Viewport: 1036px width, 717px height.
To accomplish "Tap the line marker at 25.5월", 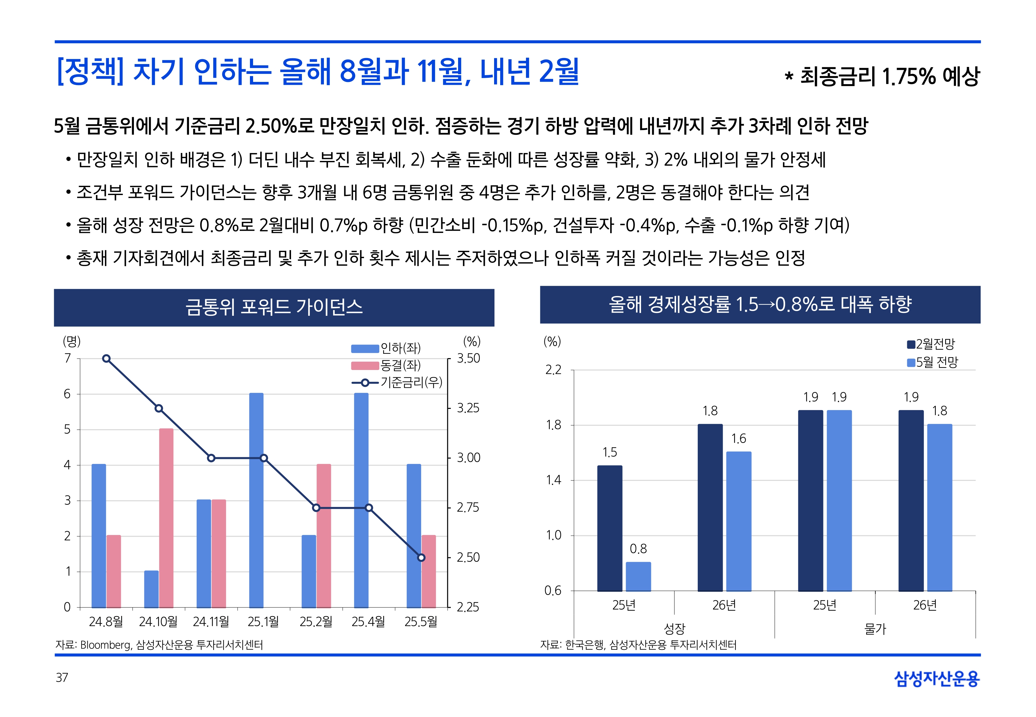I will coord(421,558).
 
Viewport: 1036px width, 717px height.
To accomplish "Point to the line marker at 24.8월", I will coord(106,358).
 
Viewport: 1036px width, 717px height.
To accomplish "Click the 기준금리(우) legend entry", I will coord(397,382).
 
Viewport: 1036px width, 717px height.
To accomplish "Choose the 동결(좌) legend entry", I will coord(386,365).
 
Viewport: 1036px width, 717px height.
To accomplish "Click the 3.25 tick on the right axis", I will coord(468,408).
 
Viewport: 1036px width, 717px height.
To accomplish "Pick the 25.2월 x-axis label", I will coord(316,621).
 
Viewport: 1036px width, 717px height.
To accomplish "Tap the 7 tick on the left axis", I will coord(67,358).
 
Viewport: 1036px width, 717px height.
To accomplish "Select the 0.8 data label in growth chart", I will coord(638,548).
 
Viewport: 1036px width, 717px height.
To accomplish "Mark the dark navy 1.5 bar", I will coord(610,528).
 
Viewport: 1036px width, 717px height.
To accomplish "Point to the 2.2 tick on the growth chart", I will coord(553,370).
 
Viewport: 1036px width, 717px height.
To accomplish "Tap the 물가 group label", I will coord(875,628).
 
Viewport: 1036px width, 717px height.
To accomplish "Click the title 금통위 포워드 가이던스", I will coord(274,307).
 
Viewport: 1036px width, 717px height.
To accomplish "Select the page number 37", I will coord(62,677).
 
